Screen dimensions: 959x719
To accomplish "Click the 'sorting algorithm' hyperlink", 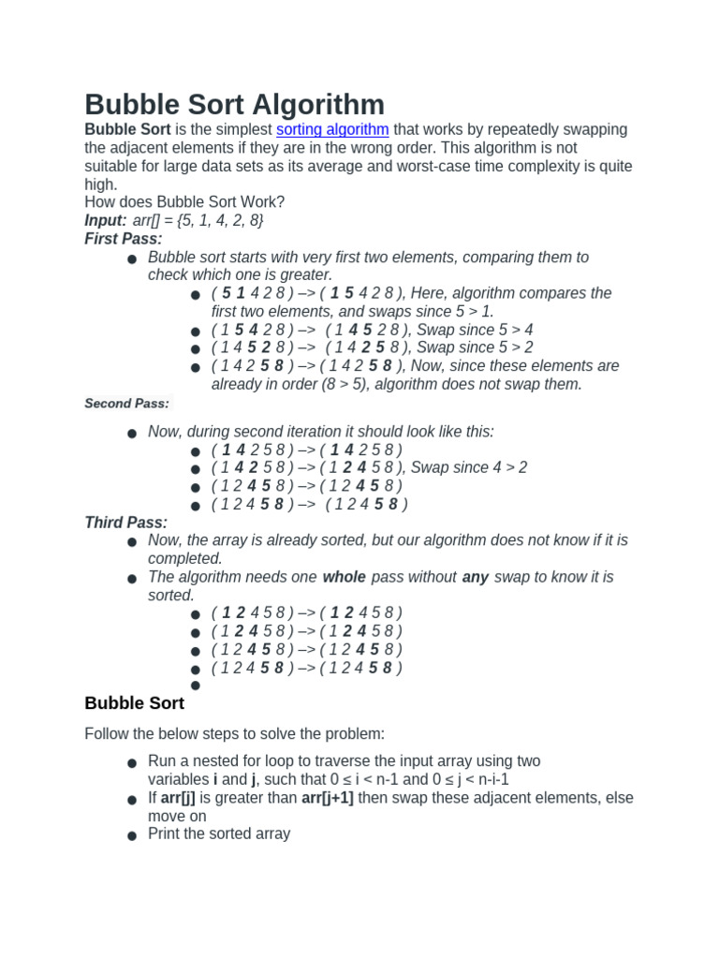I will coord(332,129).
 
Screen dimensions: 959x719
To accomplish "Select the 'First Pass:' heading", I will coord(124,239).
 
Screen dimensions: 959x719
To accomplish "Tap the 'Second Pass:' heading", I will coord(127,404).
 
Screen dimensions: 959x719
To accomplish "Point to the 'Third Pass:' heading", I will coord(126,523).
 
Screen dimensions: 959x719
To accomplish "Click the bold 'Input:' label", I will coord(106,220).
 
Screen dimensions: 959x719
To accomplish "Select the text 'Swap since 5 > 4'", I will coord(475,330).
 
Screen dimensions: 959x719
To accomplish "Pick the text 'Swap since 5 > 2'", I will coord(475,347).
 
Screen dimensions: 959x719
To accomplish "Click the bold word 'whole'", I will coord(344,577).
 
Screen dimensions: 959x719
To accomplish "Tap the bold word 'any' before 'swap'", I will coord(476,577).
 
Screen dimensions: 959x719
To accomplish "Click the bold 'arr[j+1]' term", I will coord(328,798).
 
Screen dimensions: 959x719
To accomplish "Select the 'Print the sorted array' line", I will coord(219,834).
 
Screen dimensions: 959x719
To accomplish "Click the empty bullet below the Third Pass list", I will coord(195,686).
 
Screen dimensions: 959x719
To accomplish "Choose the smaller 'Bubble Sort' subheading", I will coord(135,703).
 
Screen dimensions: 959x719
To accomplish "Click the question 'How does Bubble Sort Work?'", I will coord(184,202).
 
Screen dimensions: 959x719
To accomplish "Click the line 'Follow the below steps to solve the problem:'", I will coord(234,734).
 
